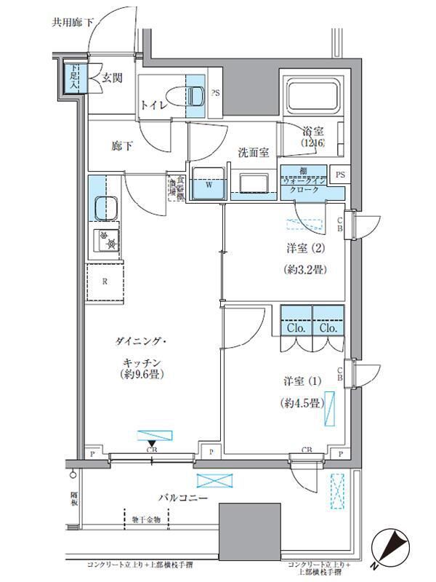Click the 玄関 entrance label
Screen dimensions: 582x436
tap(111, 79)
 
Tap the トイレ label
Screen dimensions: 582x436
tap(154, 105)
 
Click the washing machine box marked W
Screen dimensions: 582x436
tap(208, 183)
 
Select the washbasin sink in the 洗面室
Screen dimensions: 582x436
tap(254, 184)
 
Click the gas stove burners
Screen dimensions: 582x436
tap(107, 240)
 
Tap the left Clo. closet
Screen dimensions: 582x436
tap(295, 327)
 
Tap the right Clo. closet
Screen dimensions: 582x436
tap(328, 327)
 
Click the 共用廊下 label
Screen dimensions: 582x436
tap(73, 23)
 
